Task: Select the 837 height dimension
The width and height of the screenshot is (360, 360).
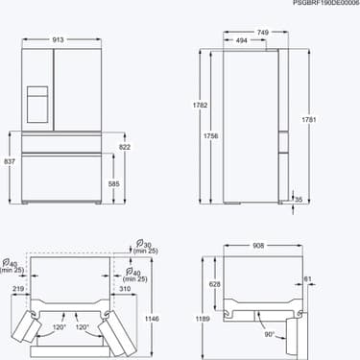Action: click(9, 161)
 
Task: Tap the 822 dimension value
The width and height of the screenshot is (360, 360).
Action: click(124, 147)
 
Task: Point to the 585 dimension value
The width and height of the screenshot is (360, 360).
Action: click(114, 182)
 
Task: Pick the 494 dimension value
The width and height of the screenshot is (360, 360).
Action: click(243, 41)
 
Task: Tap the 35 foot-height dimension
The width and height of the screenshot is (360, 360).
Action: click(299, 200)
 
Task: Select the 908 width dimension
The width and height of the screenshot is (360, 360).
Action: click(257, 246)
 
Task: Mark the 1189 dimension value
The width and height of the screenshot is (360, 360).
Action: click(199, 319)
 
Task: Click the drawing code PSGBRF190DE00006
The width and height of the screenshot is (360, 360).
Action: click(325, 5)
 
